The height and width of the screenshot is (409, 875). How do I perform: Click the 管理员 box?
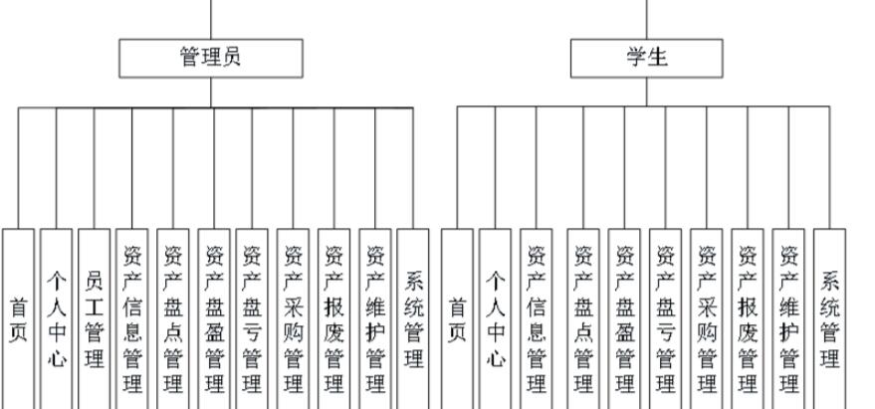210,58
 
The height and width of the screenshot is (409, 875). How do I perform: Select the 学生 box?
646,58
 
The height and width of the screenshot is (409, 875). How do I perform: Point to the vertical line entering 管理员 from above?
210,18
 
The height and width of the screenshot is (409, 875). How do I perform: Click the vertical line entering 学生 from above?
646,18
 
